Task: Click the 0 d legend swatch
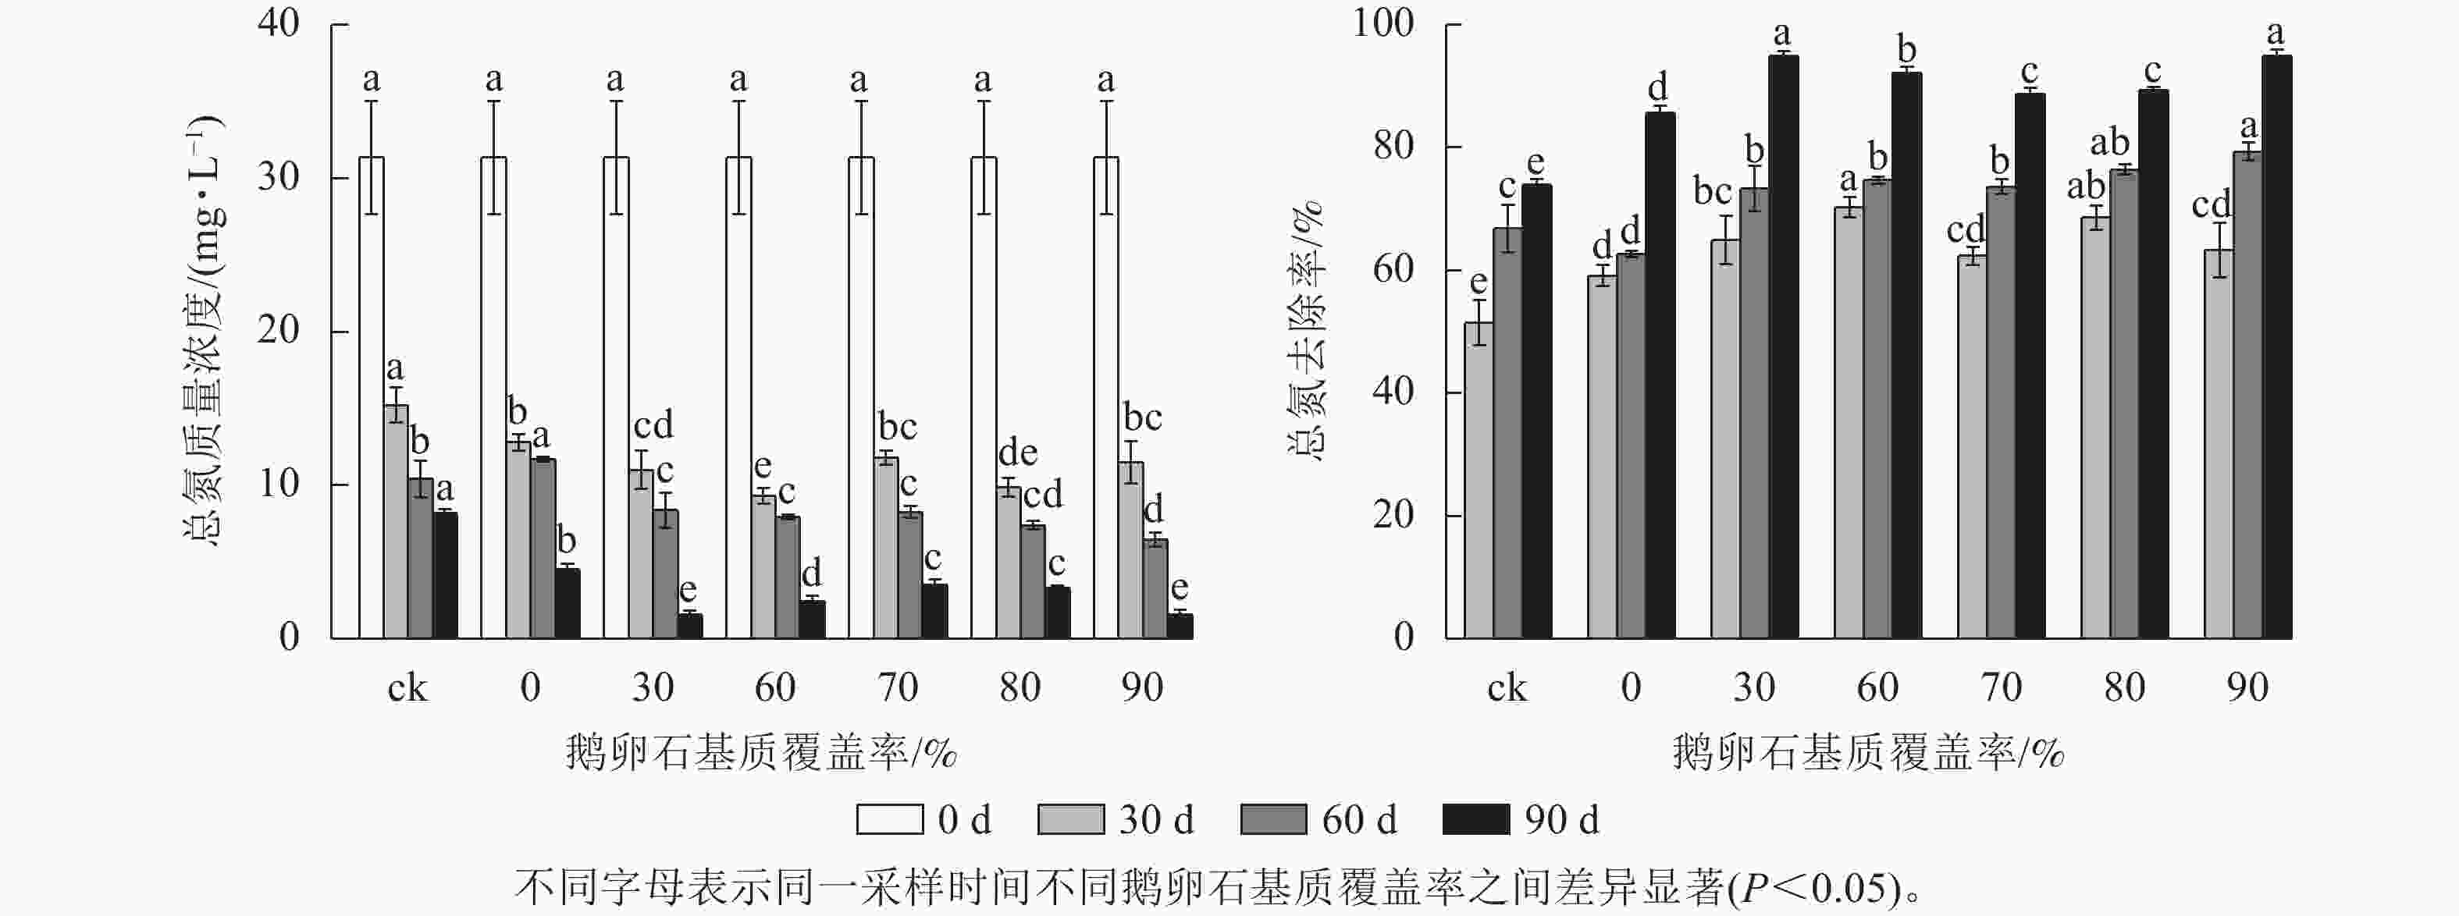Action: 890,819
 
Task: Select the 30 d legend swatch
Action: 1070,819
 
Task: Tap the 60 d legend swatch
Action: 1273,819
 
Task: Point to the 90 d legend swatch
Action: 1475,819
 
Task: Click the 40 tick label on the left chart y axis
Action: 279,23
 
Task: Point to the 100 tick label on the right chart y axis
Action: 1383,23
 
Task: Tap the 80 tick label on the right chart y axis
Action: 1393,146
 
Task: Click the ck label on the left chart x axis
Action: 407,688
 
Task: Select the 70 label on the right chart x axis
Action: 2001,688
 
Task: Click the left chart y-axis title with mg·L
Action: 201,329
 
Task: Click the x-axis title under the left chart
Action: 761,754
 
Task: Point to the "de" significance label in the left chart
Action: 1018,453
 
